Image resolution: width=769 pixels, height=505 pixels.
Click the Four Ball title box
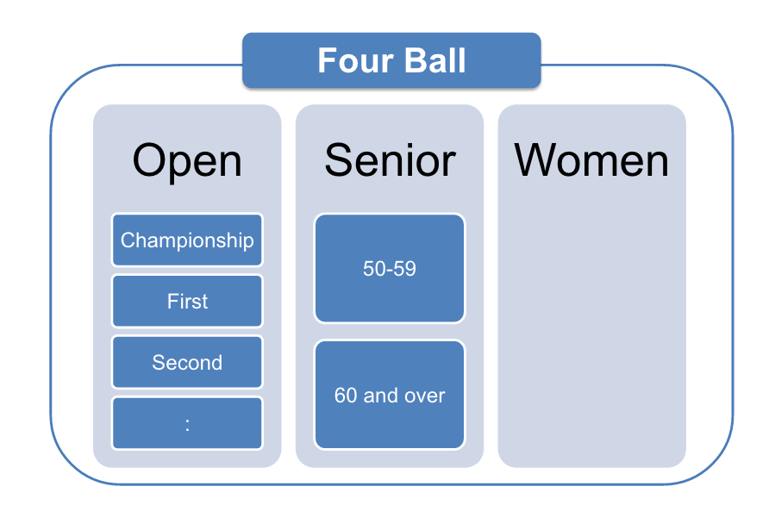(391, 60)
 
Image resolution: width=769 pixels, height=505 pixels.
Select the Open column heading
(187, 161)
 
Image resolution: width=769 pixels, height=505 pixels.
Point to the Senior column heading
(390, 160)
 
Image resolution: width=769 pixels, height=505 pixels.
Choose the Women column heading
(591, 160)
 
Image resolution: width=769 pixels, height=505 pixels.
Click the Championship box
(187, 240)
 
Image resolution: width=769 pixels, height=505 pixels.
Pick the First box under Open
(187, 301)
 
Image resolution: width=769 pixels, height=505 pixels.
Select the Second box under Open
(187, 362)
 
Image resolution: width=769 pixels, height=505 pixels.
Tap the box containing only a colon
(187, 423)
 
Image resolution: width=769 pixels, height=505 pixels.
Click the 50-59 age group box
(390, 268)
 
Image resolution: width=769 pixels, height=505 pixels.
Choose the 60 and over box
(390, 395)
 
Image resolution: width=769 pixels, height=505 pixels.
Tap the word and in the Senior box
(380, 396)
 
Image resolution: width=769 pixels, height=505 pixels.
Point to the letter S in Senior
(340, 160)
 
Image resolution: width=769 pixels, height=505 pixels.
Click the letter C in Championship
(128, 240)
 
